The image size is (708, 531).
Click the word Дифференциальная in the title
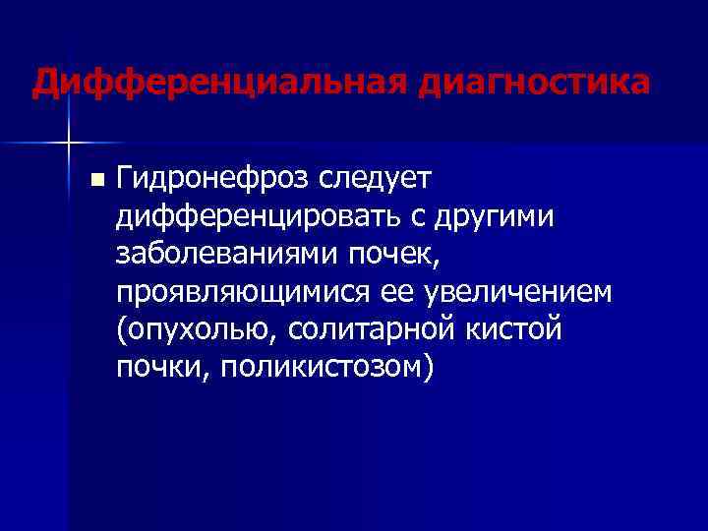(217, 82)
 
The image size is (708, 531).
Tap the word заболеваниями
(226, 254)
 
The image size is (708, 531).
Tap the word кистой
(522, 329)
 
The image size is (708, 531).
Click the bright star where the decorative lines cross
(68, 143)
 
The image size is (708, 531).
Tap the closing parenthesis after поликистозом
(426, 368)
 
